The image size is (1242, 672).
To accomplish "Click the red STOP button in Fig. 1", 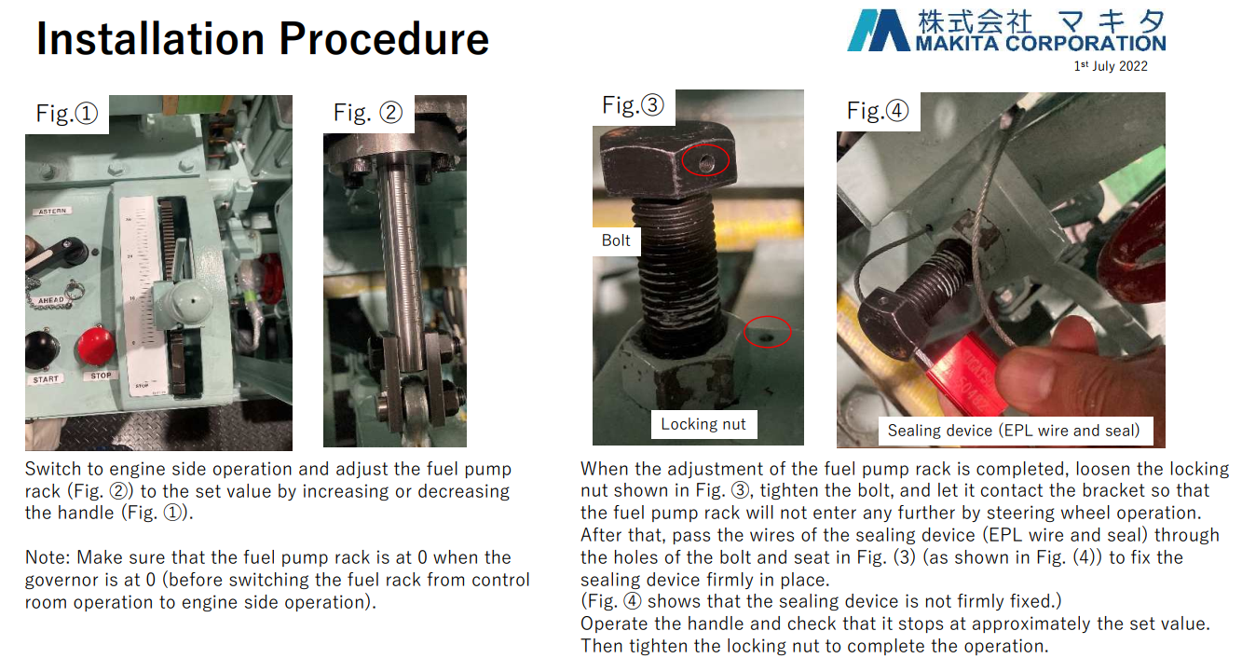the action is click(96, 346).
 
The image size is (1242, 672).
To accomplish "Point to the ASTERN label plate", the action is click(53, 212).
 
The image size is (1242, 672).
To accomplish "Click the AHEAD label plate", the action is click(51, 300).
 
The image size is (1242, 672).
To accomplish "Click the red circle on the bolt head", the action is click(705, 161).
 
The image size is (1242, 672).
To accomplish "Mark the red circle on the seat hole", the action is click(768, 332).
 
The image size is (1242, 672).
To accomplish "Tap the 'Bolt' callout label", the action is click(616, 240).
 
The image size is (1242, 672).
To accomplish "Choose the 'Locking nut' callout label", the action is click(703, 424).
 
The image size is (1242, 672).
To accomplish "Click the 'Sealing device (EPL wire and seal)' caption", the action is click(1014, 431).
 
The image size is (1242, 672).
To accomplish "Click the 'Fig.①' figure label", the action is click(67, 114).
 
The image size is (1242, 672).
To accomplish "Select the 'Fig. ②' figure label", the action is click(368, 113).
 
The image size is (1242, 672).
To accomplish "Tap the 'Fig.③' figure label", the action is click(633, 104).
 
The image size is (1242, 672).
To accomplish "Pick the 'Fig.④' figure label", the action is click(877, 110).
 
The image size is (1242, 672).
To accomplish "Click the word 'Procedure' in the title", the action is click(384, 39).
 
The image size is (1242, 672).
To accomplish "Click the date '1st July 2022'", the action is click(1111, 66).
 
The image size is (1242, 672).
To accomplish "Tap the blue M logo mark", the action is click(879, 30).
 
